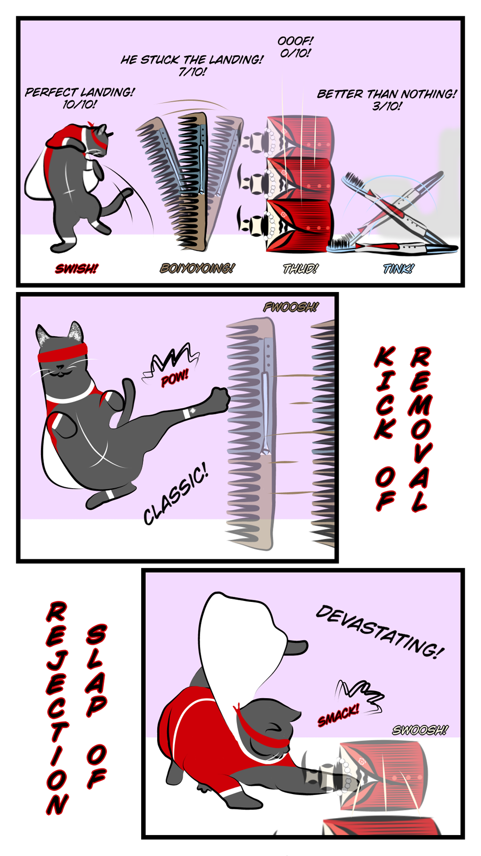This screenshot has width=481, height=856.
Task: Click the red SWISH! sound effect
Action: point(76,268)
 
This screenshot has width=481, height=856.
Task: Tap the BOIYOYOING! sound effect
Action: point(197,268)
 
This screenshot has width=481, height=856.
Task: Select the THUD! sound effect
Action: point(300,268)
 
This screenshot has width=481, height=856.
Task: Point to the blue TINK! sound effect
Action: point(398,268)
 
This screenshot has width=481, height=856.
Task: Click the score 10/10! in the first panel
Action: point(79,104)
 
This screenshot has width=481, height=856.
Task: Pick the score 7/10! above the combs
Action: point(192,71)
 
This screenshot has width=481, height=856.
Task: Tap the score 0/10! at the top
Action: point(295,53)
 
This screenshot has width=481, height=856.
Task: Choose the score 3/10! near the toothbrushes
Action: point(387,106)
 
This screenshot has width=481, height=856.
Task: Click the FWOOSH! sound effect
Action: point(291,307)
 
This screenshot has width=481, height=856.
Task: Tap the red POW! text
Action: point(174,379)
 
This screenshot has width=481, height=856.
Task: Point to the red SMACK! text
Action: point(338,715)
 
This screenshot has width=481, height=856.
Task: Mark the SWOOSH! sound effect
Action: point(420,730)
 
